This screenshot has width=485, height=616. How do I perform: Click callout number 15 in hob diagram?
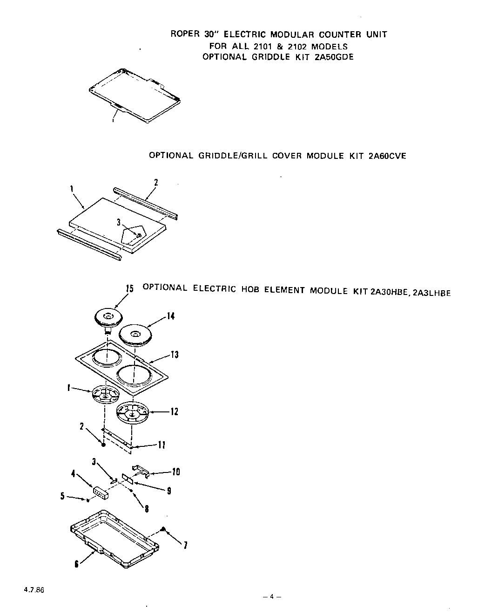130,289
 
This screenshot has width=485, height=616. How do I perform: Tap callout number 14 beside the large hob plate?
171,316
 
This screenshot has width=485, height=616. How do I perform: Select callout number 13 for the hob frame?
175,355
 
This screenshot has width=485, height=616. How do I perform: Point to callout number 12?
174,412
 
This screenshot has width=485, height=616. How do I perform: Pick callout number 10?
175,472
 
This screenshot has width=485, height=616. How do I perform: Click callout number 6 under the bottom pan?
76,564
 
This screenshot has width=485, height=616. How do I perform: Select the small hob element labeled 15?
107,318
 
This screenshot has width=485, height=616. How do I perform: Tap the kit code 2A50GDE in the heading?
331,57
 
